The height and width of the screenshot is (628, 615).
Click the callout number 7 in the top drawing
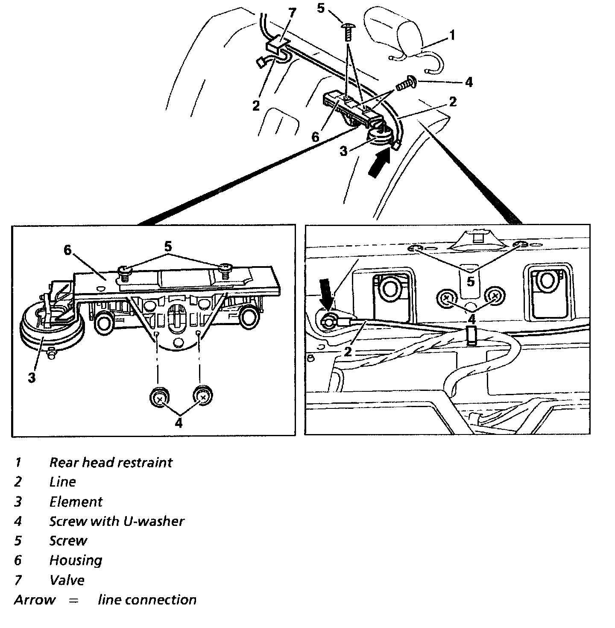(292, 12)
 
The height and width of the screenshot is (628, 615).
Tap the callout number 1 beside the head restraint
(452, 35)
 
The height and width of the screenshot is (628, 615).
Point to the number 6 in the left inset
(67, 250)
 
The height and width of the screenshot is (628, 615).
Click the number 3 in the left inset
(32, 378)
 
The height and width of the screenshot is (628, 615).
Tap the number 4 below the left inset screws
(179, 423)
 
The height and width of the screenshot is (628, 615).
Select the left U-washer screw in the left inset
(159, 398)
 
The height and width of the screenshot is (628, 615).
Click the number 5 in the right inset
(470, 282)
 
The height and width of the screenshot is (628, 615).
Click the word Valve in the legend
(67, 580)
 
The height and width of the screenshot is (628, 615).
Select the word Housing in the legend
(76, 561)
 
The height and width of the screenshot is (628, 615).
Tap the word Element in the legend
(76, 502)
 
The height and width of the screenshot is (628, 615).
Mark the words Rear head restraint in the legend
(111, 462)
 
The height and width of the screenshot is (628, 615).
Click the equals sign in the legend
(74, 600)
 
